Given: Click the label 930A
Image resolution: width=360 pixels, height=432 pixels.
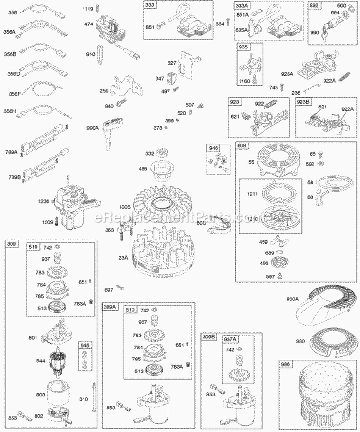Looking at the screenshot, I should coord(293,300).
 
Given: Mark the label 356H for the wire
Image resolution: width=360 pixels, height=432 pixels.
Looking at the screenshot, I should coord(10,111).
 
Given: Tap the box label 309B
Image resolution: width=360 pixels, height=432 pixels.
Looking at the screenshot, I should coord(208,337).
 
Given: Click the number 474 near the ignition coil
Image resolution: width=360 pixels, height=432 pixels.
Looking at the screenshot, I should coord(88,24).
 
